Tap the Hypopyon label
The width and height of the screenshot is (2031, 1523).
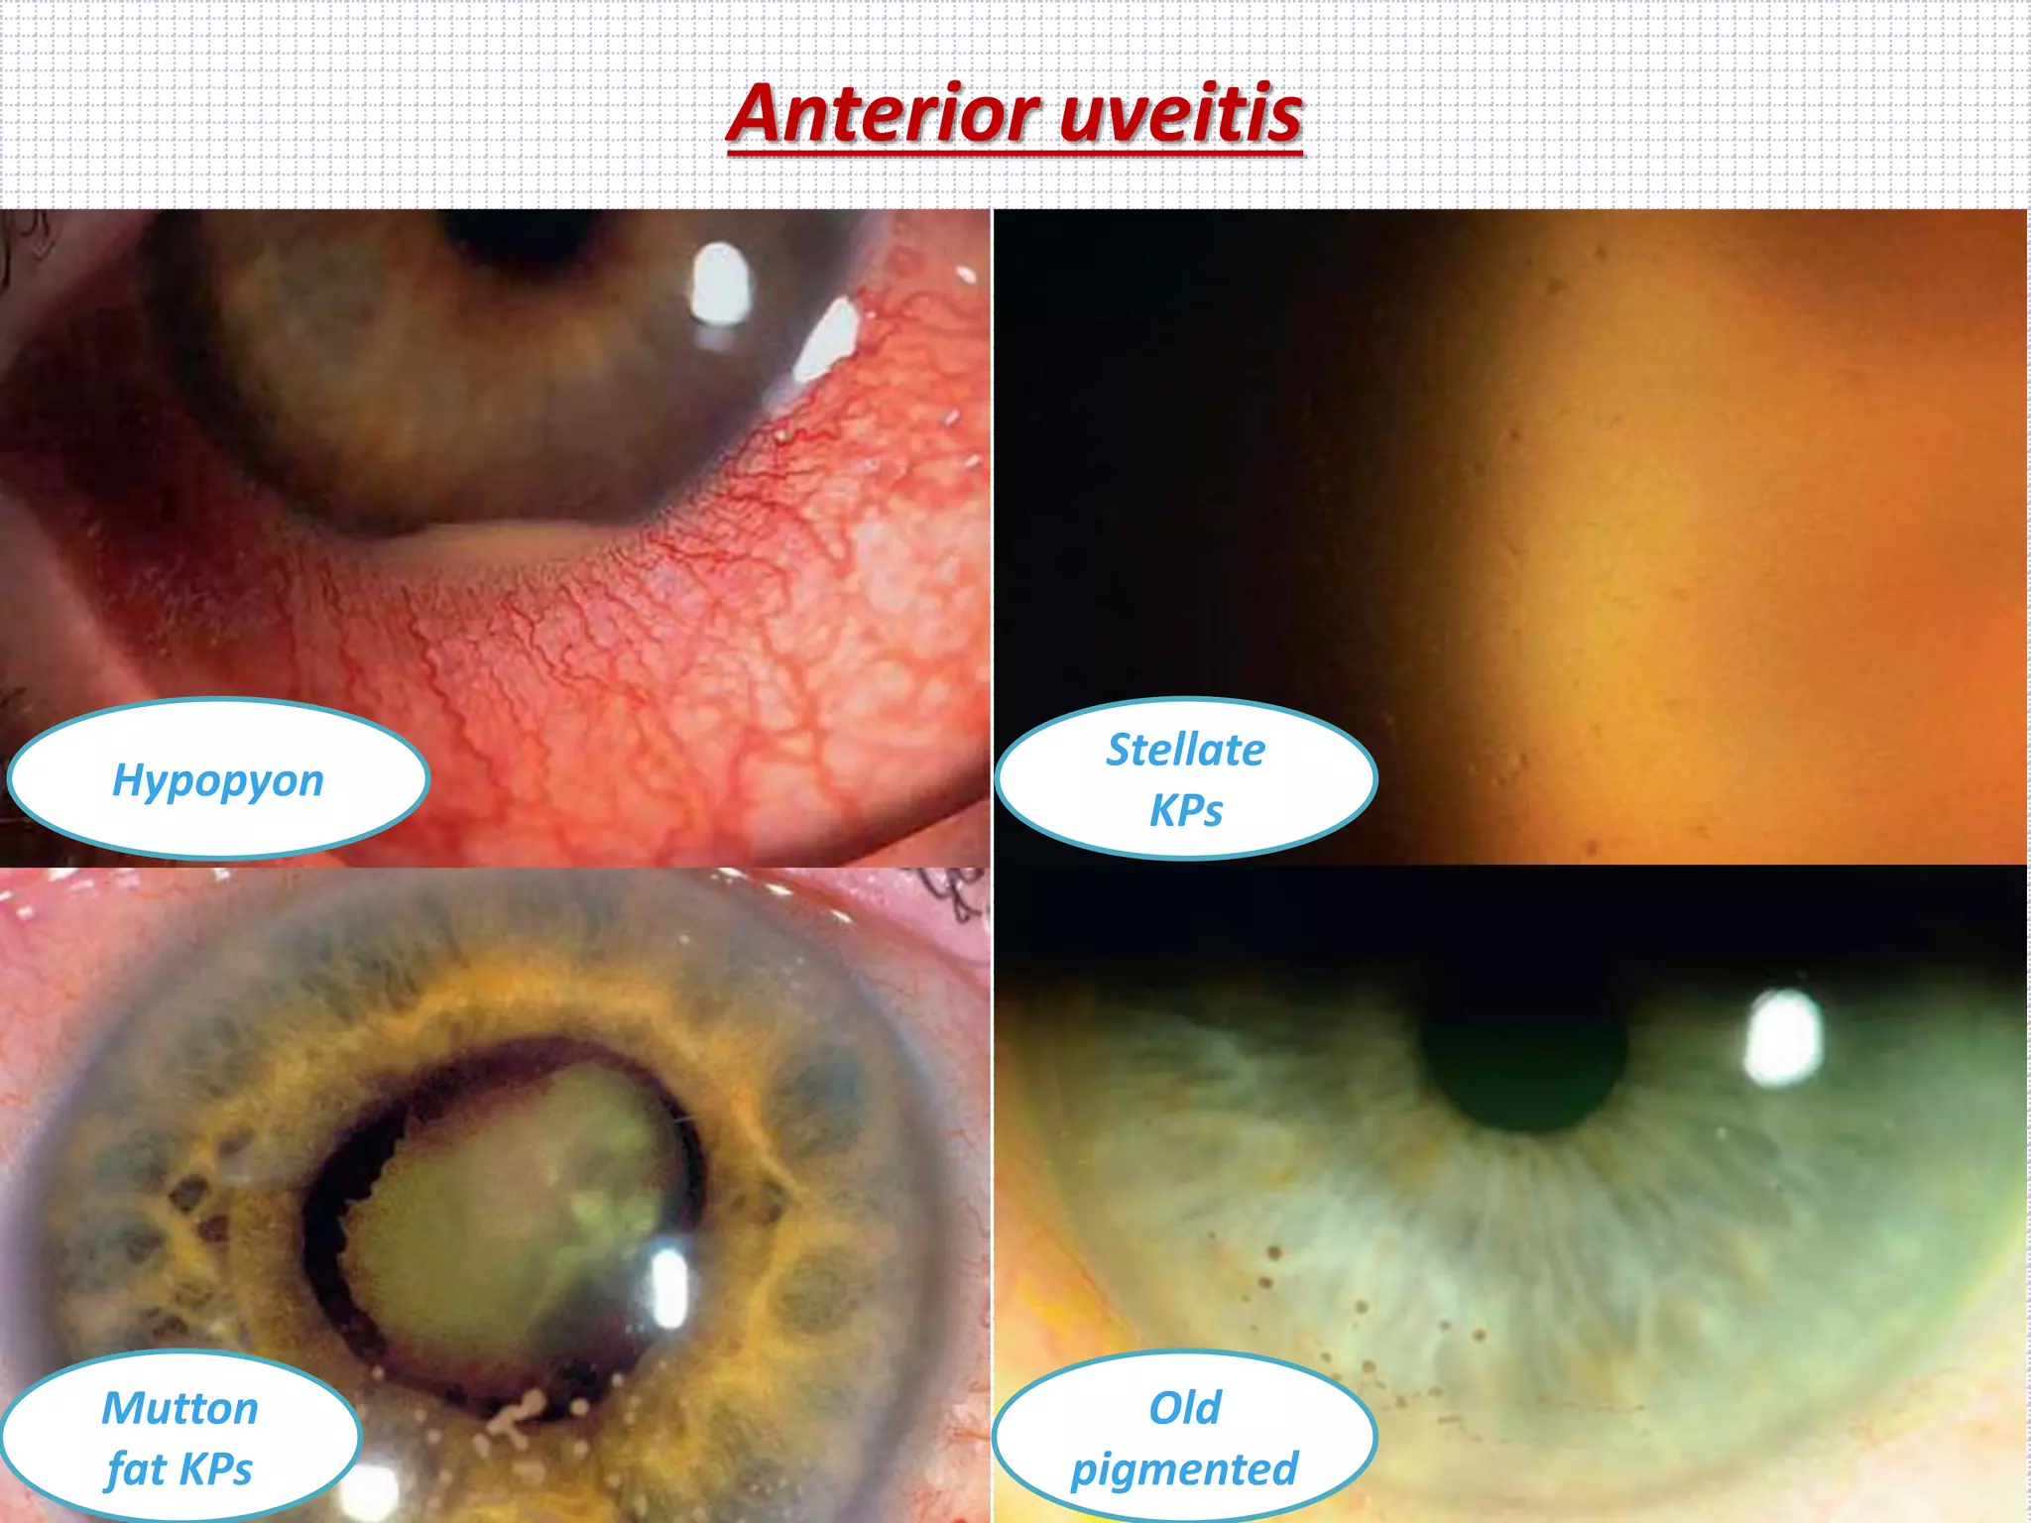point(218,780)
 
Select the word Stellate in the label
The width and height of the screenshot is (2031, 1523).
point(1186,750)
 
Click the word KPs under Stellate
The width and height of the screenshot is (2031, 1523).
point(1186,811)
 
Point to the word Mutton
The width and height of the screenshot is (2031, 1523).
point(180,1408)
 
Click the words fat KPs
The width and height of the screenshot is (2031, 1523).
point(180,1468)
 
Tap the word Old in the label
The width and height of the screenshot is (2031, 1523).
point(1185,1408)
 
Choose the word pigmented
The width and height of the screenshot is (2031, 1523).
point(1185,1469)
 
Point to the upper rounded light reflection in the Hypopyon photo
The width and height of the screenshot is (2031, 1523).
point(720,285)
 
